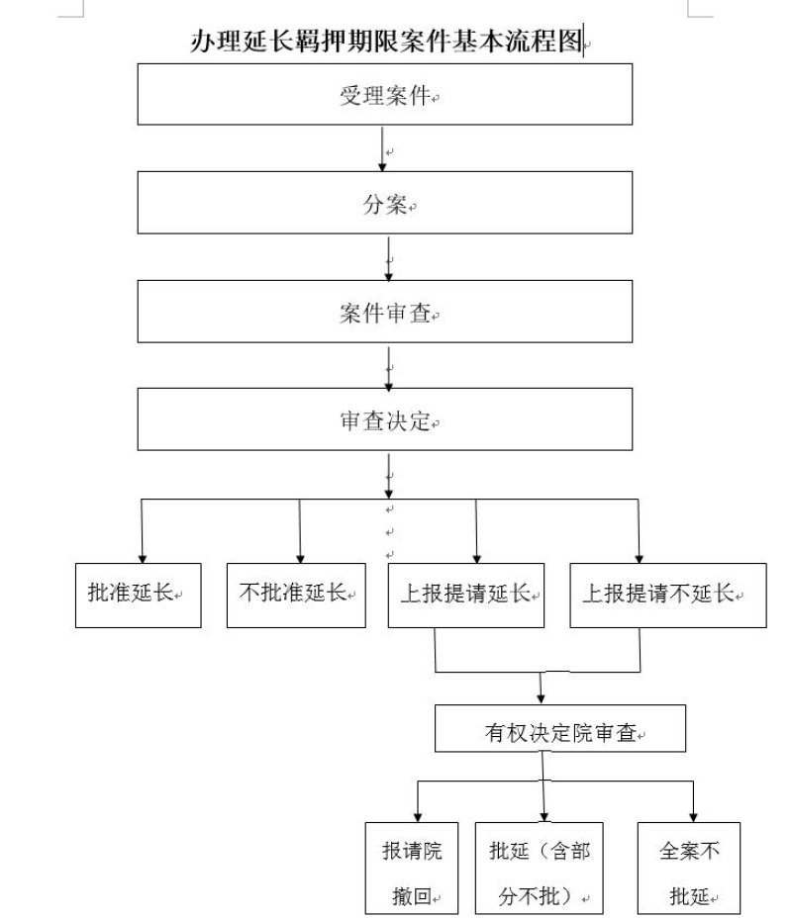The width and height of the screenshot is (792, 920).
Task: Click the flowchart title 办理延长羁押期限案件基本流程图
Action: [x=387, y=41]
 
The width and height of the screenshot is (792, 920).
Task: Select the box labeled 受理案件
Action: [x=384, y=94]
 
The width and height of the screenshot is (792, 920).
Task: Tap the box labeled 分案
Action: [x=384, y=203]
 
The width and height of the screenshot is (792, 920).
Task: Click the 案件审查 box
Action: [x=384, y=311]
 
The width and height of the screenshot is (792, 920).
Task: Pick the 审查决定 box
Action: [x=384, y=418]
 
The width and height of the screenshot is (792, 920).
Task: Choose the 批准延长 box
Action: [x=138, y=595]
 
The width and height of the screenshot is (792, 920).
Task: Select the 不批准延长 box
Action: [x=296, y=595]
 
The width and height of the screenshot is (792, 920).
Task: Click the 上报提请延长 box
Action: [x=465, y=595]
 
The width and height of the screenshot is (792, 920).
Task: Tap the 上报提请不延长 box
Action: [x=667, y=595]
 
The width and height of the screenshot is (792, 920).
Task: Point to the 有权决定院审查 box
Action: [x=559, y=728]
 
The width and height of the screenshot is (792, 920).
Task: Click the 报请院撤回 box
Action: [x=412, y=868]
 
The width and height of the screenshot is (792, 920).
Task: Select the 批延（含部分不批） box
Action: [x=539, y=868]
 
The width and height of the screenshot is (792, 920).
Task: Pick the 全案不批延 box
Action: [x=689, y=868]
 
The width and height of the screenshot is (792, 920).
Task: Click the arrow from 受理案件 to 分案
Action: [x=382, y=149]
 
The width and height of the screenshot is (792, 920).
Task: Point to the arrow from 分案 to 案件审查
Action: [x=388, y=258]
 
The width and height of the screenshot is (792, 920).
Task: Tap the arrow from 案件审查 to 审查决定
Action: [x=388, y=368]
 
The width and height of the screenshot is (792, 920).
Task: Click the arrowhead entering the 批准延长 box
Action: [x=143, y=559]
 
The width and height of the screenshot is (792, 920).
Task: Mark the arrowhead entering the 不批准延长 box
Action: [x=300, y=559]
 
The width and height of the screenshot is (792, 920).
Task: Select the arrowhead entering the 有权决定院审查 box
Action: [x=541, y=699]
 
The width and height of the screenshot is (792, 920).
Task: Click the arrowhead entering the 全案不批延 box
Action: [x=693, y=817]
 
